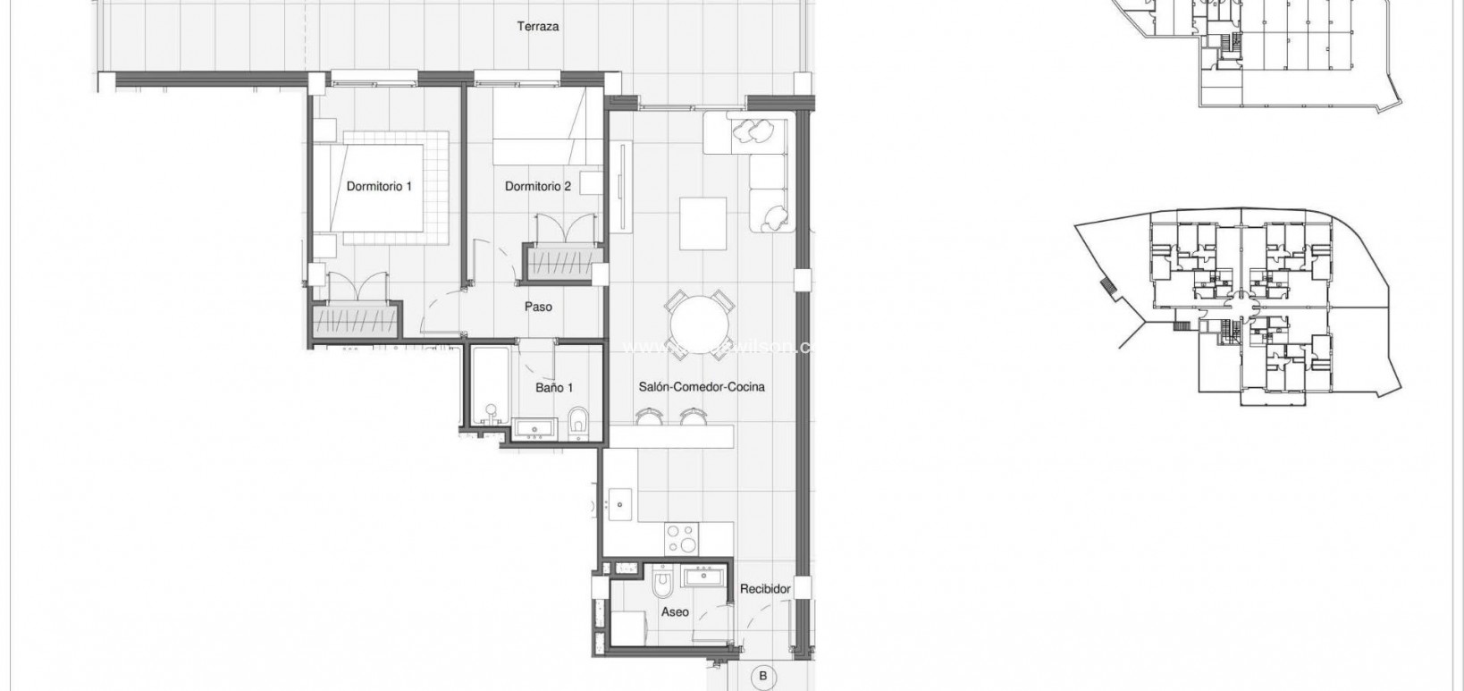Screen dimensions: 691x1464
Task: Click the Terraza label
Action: tap(537, 27)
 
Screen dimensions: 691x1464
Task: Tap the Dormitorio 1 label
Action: tap(379, 187)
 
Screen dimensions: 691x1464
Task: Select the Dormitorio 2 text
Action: tap(537, 187)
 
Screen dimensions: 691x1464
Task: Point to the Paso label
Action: tap(538, 307)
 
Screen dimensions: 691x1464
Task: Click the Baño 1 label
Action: tap(554, 388)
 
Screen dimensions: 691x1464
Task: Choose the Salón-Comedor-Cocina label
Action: tap(701, 388)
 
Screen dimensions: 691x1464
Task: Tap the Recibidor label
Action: tap(765, 589)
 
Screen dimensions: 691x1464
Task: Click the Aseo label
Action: tap(675, 612)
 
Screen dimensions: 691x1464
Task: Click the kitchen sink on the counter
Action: tap(618, 504)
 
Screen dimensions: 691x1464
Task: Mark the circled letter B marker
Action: tap(762, 677)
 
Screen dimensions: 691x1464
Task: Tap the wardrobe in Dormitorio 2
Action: tap(561, 264)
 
